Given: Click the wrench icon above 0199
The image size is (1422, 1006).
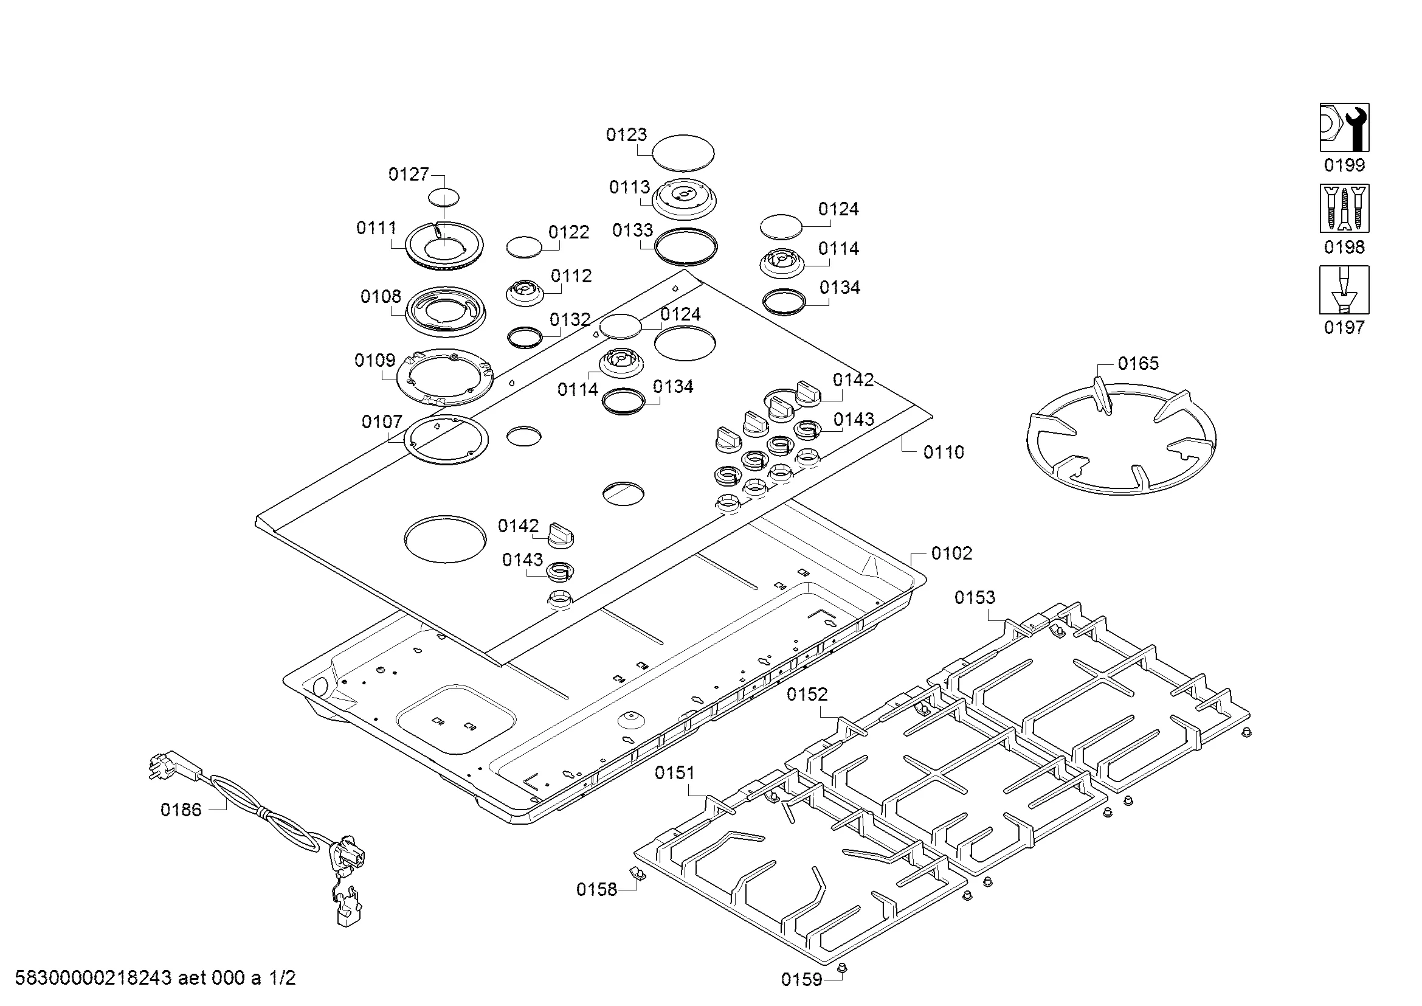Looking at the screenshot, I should point(1344,127).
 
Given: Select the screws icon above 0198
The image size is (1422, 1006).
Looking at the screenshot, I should point(1344,208).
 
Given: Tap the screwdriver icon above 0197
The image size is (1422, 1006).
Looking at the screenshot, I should point(1344,290).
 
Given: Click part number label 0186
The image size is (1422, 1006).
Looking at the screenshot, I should point(181,810).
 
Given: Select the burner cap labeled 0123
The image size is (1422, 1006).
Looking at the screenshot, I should point(684,153).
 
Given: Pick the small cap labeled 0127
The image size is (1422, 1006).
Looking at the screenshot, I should point(444,198).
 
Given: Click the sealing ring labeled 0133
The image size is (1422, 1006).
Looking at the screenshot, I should point(686,246).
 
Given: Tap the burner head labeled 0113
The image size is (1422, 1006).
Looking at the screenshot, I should point(685,197).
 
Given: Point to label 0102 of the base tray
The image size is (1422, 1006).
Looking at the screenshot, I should point(951,553).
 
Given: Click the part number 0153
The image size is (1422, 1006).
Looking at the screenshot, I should point(974,597).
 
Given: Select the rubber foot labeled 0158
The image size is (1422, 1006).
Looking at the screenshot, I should point(636,873).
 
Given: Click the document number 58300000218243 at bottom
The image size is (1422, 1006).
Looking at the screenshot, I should point(93,978).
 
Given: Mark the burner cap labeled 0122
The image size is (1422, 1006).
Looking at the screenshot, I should point(524,246).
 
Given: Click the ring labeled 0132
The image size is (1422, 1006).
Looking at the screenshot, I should point(525,337).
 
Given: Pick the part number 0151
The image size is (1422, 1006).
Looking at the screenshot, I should point(674,772).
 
